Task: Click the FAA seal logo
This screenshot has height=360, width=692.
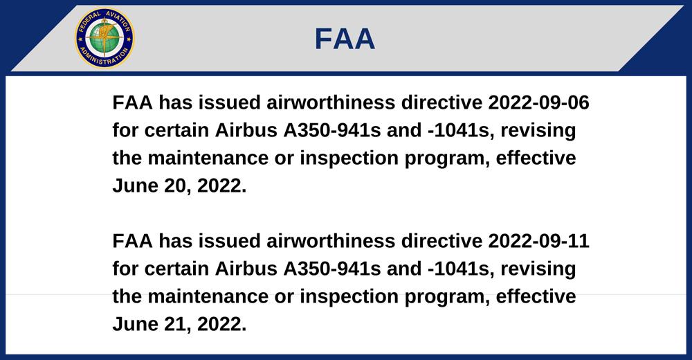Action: click(x=104, y=38)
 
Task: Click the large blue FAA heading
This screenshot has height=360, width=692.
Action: click(x=345, y=39)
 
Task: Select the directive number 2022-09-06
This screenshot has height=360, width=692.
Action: click(x=538, y=102)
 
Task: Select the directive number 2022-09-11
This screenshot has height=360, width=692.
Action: click(x=538, y=241)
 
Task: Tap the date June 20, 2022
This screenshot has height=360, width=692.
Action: click(x=179, y=186)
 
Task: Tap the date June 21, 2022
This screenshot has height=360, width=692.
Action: click(x=179, y=325)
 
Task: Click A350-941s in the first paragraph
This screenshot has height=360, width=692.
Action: click(x=332, y=130)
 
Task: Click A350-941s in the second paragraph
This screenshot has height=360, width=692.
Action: click(x=332, y=269)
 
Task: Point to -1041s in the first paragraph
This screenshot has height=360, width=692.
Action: click(x=460, y=130)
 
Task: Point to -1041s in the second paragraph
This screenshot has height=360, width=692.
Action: click(x=460, y=269)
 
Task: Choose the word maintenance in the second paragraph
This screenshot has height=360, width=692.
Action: click(x=208, y=297)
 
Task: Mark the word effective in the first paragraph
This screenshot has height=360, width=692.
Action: click(x=536, y=158)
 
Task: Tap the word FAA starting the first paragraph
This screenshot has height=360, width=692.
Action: click(x=132, y=102)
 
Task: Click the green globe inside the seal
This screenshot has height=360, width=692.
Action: click(x=104, y=38)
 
